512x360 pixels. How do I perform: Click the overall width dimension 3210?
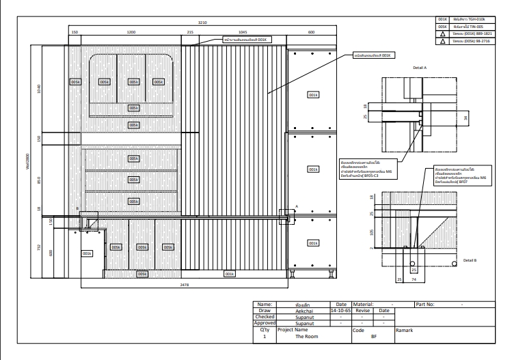pyautogui.click(x=201, y=22)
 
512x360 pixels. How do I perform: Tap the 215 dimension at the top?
pyautogui.click(x=191, y=32)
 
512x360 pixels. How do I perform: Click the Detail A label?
pyautogui.click(x=420, y=68)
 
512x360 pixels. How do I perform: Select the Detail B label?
pyautogui.click(x=470, y=260)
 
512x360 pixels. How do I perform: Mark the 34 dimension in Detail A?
pyautogui.click(x=466, y=117)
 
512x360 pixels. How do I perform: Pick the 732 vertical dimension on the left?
pyautogui.click(x=40, y=247)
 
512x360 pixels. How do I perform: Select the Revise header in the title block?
pyautogui.click(x=363, y=309)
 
